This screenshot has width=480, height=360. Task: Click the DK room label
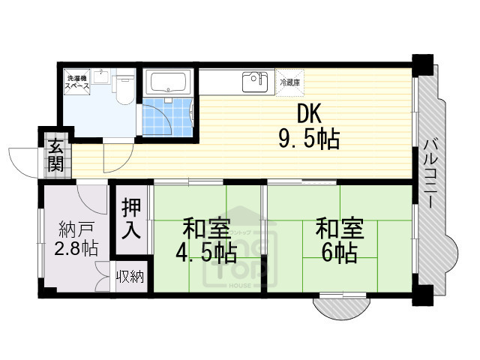tap(309, 114)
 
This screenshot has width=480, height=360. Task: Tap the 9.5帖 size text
tap(308, 138)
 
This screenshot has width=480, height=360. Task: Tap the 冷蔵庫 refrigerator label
tap(289, 82)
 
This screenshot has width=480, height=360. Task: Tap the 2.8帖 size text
tap(75, 248)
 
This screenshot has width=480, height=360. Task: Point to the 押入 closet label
tap(131, 218)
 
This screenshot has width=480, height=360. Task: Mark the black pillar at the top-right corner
tap(423, 62)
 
